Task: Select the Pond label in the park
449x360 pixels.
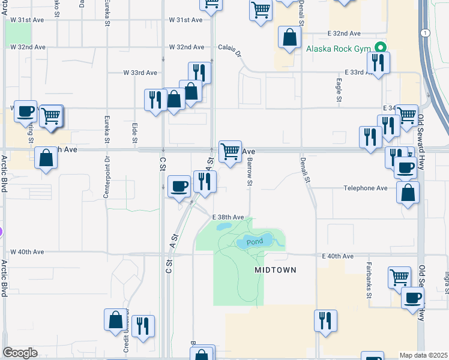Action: coord(255,241)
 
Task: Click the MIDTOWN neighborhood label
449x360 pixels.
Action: coord(276,270)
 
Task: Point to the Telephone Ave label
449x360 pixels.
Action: coord(366,188)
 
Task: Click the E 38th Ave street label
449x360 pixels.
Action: coord(228,217)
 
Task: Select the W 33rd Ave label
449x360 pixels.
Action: coord(140,73)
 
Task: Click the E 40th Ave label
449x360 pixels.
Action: coord(337,256)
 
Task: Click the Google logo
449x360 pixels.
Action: coord(20,353)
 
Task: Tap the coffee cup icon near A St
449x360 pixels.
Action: coord(178,187)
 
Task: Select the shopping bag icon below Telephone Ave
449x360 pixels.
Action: coord(408,193)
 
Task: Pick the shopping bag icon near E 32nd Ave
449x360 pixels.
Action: coord(289,37)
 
